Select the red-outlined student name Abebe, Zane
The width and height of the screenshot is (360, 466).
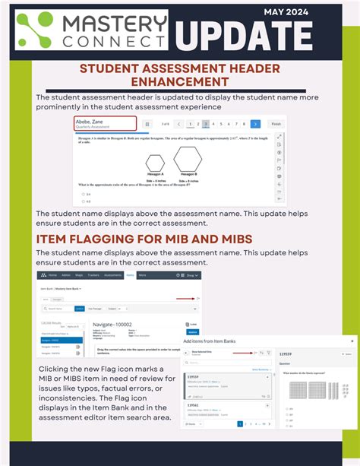pos(104,123)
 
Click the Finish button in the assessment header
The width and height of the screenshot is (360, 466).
pos(276,124)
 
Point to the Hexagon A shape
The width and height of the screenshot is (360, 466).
pos(155,163)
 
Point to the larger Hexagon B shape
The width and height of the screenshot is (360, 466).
pos(187,160)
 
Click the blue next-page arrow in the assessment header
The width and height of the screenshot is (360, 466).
pos(255,124)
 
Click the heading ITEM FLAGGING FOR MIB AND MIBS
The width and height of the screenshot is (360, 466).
pos(144,239)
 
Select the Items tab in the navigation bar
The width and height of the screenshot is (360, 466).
pos(130,275)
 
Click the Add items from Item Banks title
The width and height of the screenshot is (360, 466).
pos(226,342)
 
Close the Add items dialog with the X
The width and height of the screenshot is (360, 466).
pos(351,342)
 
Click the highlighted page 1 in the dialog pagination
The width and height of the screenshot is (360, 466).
pos(241,424)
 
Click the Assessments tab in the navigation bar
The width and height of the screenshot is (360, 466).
pos(112,275)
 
